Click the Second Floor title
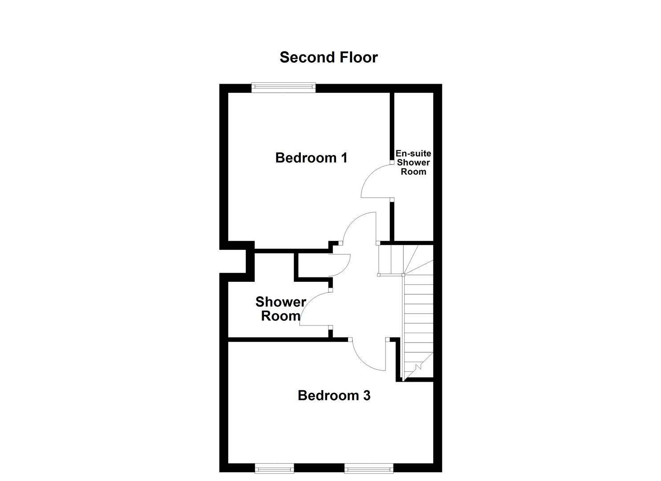click(x=328, y=57)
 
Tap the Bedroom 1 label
click(x=311, y=158)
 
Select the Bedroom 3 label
click(x=334, y=395)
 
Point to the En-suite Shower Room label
click(x=414, y=163)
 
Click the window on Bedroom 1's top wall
click(x=283, y=88)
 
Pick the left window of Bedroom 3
click(x=274, y=468)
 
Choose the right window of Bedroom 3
click(x=369, y=468)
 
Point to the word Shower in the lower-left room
click(x=280, y=302)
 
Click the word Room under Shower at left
click(x=280, y=316)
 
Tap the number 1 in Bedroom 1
click(x=343, y=158)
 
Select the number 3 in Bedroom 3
click(x=366, y=395)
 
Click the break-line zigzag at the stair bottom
click(x=418, y=367)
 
